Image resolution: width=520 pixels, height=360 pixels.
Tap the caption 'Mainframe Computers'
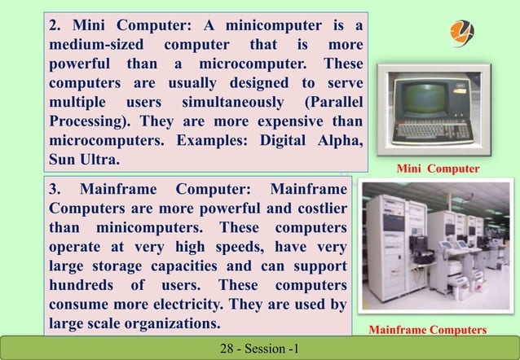point(428,330)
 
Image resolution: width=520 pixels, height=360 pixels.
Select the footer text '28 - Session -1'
point(260,349)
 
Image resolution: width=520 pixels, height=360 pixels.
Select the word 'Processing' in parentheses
point(85,121)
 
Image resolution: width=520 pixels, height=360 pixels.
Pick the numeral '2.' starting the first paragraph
point(55,28)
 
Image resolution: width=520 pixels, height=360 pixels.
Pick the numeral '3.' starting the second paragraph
point(55,189)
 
